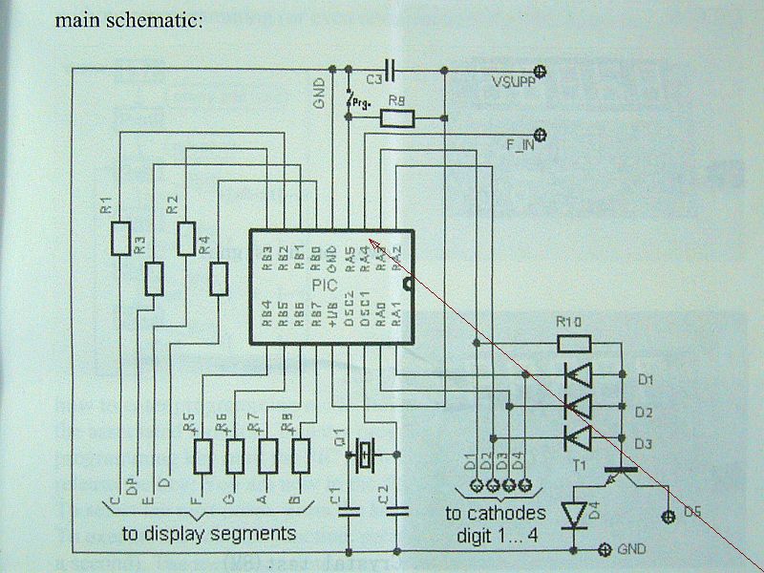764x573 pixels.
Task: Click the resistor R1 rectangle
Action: click(x=119, y=238)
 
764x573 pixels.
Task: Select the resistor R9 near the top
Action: click(x=398, y=118)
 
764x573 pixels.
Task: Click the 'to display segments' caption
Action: click(x=208, y=533)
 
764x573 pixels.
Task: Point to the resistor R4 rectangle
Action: click(x=220, y=278)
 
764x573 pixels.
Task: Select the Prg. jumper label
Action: click(x=360, y=99)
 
